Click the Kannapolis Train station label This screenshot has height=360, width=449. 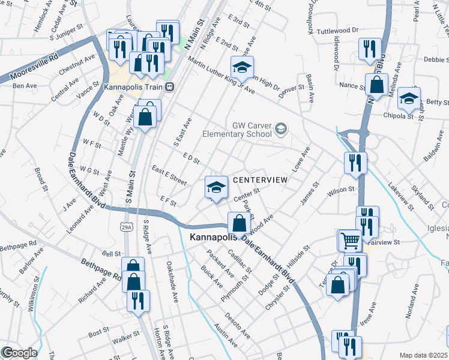coord(133,87)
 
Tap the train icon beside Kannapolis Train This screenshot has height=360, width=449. coord(170,87)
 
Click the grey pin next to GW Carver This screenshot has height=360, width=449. coord(282,129)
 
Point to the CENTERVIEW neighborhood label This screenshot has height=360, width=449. coord(261,180)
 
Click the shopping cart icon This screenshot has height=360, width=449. coord(351,241)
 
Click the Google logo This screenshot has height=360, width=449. coord(19,353)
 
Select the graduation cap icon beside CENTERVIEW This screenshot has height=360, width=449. coord(215,188)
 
